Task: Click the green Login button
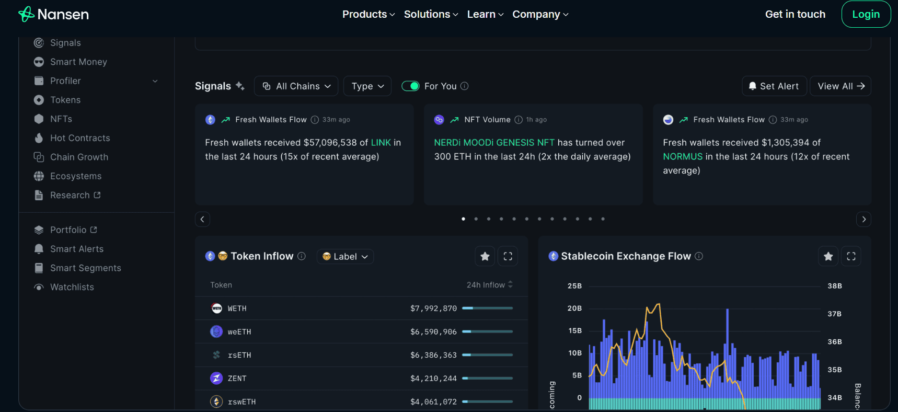coord(866,14)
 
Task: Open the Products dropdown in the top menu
coord(368,14)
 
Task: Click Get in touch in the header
coord(795,14)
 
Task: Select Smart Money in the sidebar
coord(78,62)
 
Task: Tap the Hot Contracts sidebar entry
coord(80,138)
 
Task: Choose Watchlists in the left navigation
coord(72,287)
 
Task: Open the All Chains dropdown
coord(296,86)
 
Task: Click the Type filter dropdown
coord(367,86)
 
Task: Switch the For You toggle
coord(410,86)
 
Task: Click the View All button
coord(840,86)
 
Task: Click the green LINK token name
coord(381,143)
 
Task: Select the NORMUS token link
coord(682,157)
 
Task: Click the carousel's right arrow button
coord(864,219)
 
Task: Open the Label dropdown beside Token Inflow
coord(345,257)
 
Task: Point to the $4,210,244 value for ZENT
coord(433,379)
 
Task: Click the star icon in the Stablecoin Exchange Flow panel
coord(828,256)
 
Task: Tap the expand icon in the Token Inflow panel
coord(508,256)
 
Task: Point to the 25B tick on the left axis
coord(574,286)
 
